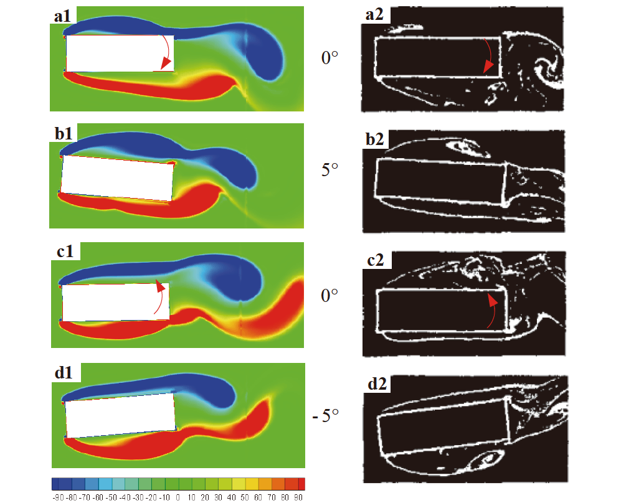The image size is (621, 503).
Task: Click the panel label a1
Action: pos(62,17)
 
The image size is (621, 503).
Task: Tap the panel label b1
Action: pos(62,133)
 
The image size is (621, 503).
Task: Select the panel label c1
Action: pos(62,252)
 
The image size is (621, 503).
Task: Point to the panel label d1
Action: pos(62,374)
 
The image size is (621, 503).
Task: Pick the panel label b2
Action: pos(376,141)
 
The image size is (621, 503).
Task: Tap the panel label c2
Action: pos(376,262)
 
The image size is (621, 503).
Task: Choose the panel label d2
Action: pos(376,383)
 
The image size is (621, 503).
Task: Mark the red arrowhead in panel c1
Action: pos(159,286)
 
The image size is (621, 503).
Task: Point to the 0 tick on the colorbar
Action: pos(178,497)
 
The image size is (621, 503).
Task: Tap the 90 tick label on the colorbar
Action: pos(299,497)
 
